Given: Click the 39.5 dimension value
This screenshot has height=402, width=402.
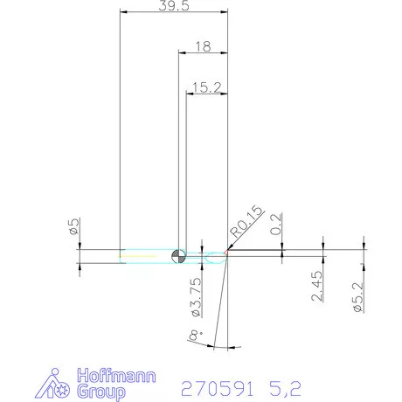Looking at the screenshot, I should click(x=171, y=5).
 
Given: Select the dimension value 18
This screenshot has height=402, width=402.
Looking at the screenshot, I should click(x=203, y=45).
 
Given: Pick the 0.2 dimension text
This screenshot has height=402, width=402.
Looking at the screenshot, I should click(x=277, y=225).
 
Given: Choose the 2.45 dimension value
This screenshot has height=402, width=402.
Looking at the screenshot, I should click(x=318, y=285).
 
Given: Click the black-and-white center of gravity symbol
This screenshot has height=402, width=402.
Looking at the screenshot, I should click(x=178, y=255).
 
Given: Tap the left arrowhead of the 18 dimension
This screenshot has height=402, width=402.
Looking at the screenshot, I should click(x=181, y=52).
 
